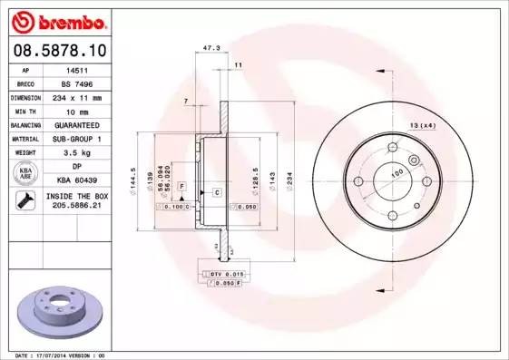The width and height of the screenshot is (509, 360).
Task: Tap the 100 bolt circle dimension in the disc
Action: tap(396, 172)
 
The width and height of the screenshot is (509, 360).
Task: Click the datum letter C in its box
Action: tap(218, 192)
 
